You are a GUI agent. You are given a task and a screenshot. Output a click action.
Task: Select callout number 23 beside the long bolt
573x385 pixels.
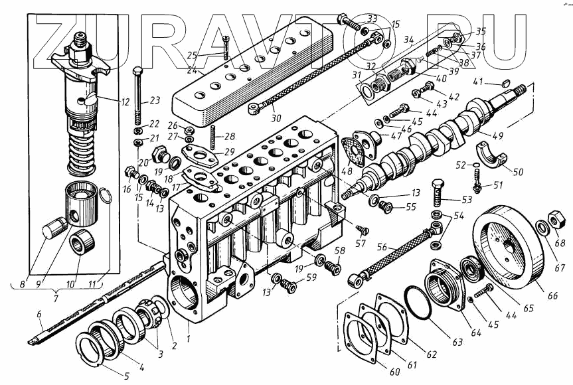(x=155, y=101)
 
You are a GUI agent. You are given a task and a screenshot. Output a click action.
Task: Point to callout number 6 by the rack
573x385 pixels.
(x=39, y=314)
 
